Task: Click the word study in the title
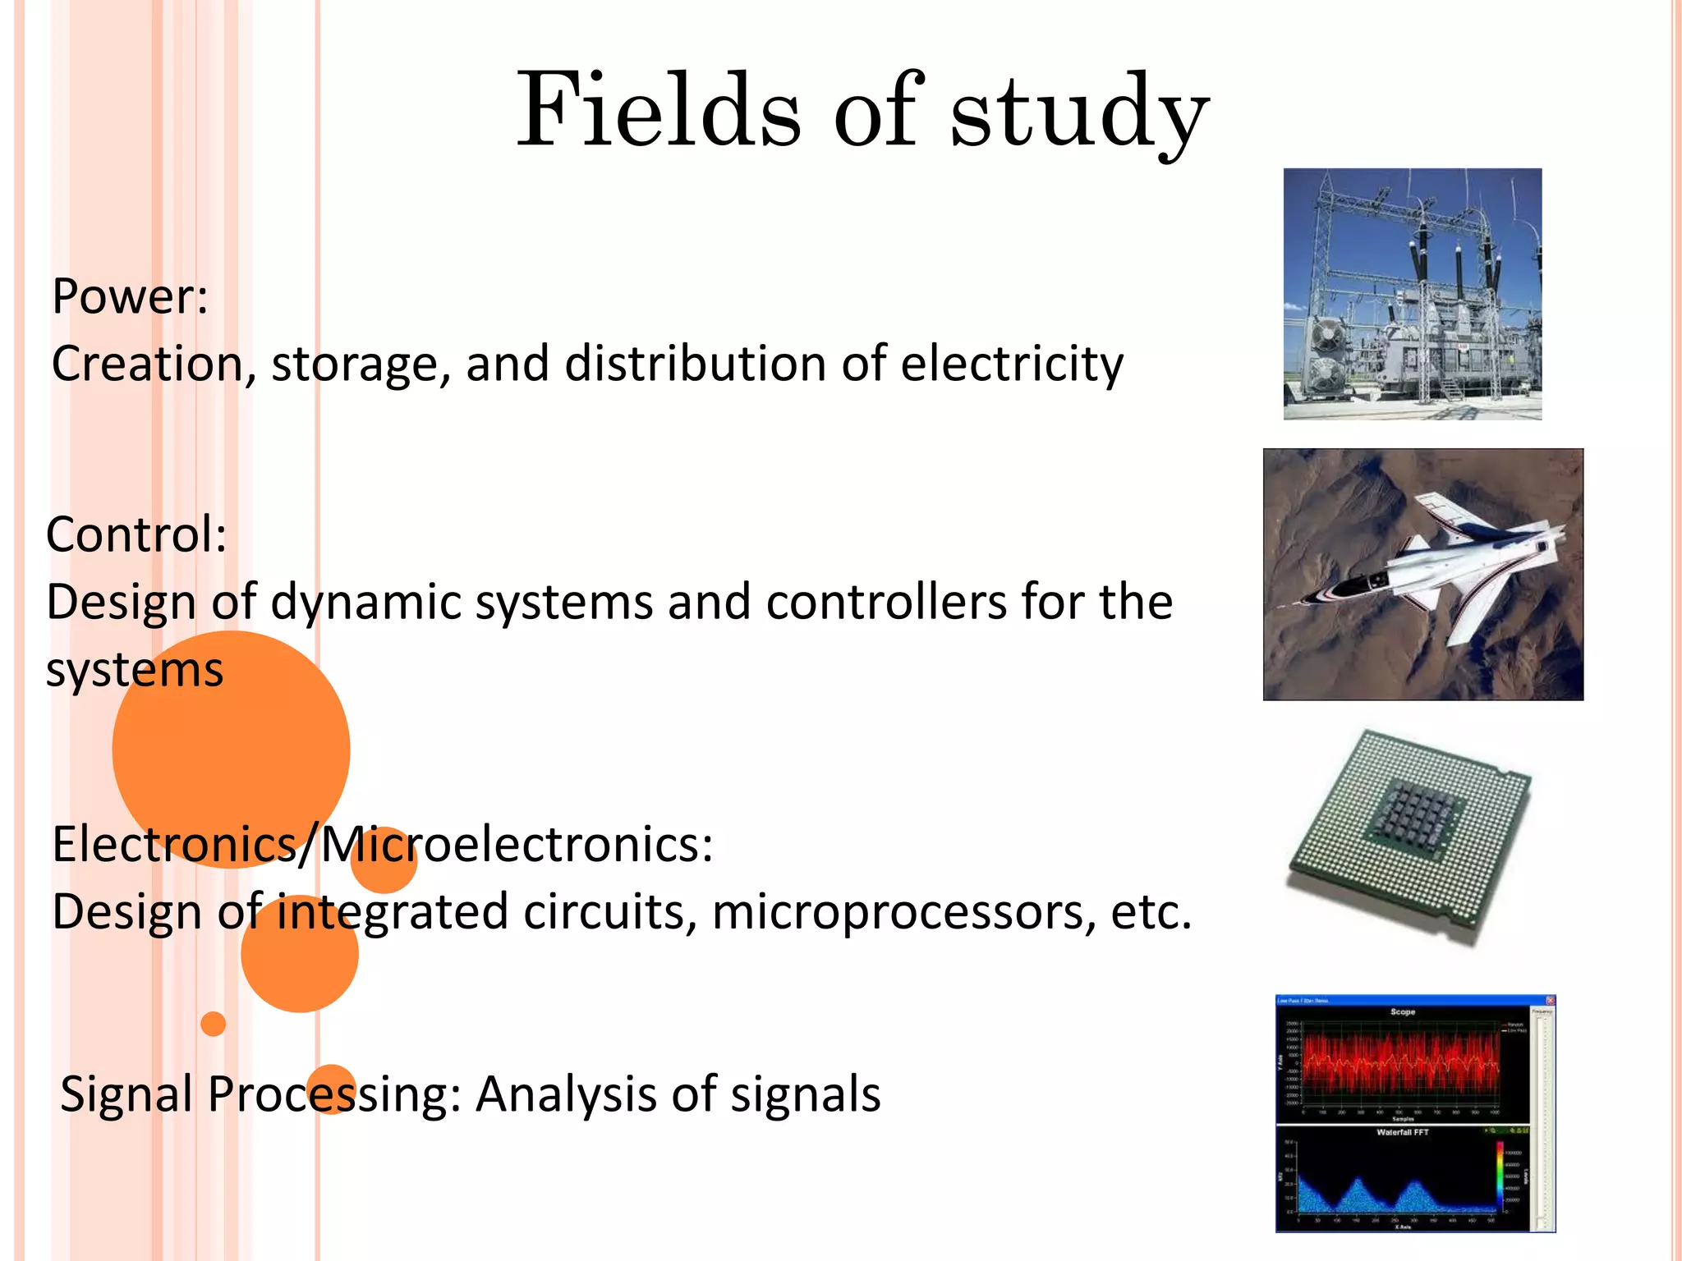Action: pos(1079,115)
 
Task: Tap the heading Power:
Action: pos(130,296)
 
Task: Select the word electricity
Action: pos(1011,364)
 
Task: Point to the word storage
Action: pos(360,365)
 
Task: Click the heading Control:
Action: pos(136,534)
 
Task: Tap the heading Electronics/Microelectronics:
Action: pos(383,844)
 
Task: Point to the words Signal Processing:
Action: pos(261,1094)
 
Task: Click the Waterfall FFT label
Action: pos(1402,1132)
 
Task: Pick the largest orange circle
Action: pos(231,749)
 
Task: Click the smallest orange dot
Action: pos(213,1024)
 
